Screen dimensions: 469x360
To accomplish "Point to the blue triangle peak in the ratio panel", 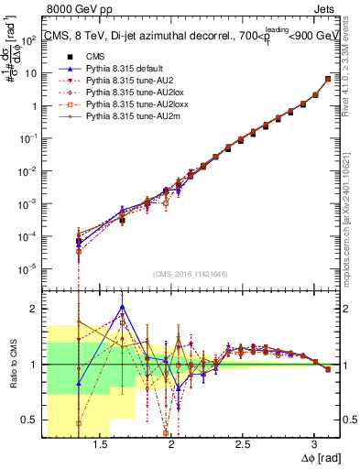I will (x=122, y=307).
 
